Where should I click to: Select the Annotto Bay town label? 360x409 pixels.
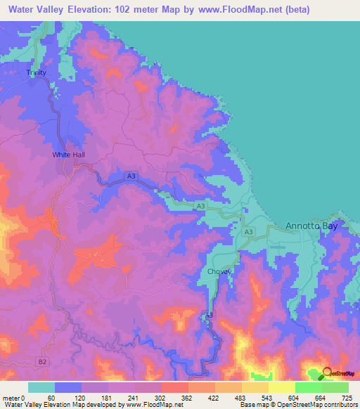(311, 226)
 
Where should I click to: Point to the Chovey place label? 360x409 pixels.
(219, 271)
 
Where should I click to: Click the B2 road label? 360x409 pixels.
(44, 361)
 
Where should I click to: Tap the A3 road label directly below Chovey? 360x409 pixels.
(209, 316)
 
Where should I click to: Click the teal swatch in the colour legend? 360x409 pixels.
(41, 387)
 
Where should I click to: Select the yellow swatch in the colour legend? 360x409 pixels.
(281, 387)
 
